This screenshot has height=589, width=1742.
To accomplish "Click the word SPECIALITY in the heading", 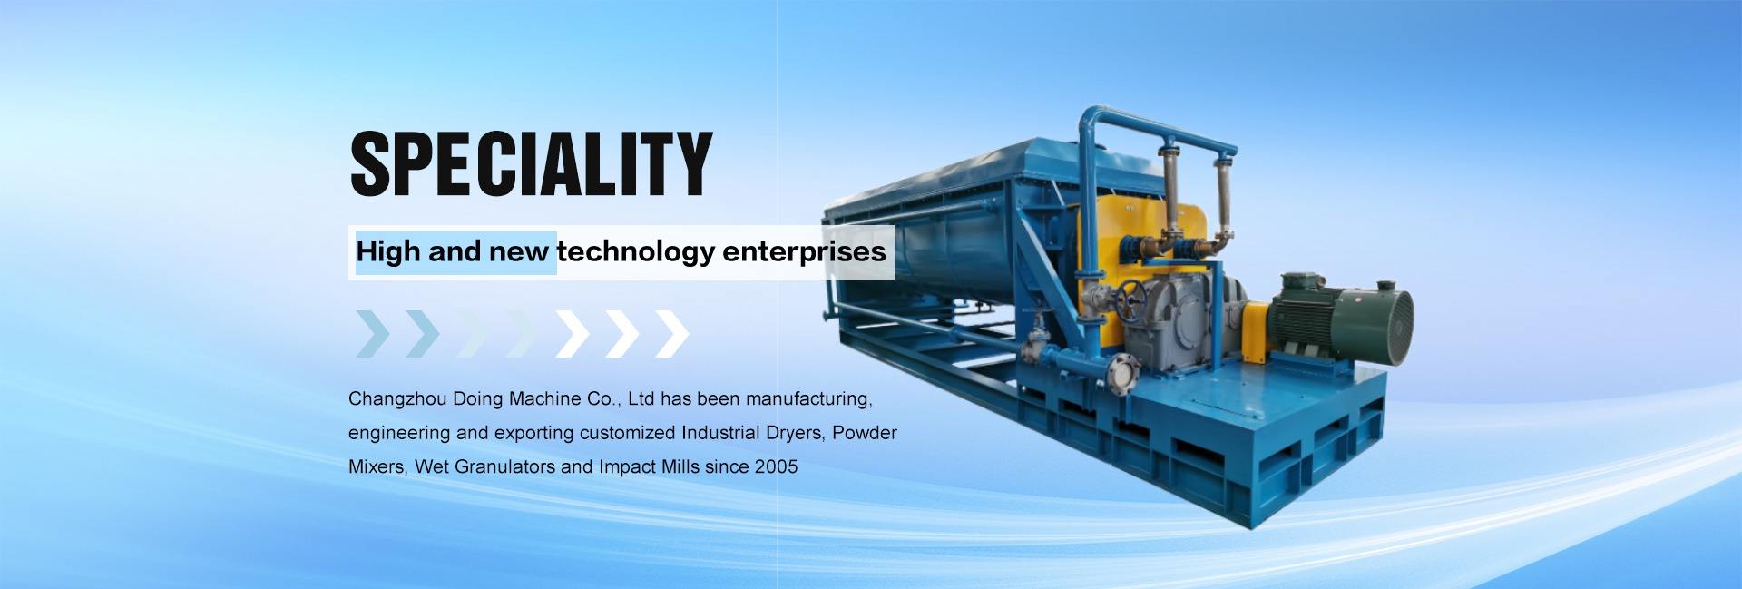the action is pos(531,163).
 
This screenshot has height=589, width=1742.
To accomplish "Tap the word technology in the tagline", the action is pos(636,252).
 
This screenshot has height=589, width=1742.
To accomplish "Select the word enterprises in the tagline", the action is pos(804,251).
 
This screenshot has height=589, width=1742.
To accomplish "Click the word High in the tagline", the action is pos(388,251).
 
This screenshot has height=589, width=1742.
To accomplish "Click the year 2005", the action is pos(776,466).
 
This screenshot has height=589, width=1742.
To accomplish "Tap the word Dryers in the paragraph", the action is pos(795,433).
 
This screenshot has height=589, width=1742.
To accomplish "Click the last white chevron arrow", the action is pos(672,333).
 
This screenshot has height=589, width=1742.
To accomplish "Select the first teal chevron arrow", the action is pos(372,333).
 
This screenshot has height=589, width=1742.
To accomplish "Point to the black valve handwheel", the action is pos(1131,299).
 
